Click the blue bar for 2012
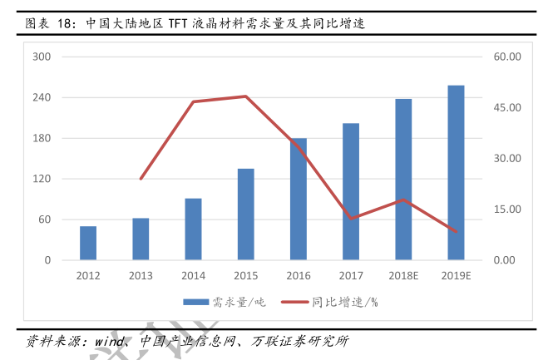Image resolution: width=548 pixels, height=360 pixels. pyautogui.click(x=88, y=244)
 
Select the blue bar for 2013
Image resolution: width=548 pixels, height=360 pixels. pyautogui.click(x=141, y=239)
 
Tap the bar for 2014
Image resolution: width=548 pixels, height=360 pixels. pyautogui.click(x=193, y=229)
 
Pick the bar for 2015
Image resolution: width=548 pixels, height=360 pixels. pyautogui.click(x=245, y=215)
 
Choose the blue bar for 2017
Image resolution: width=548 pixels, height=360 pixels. pyautogui.click(x=351, y=192)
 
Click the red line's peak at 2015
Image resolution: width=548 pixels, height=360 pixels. pyautogui.click(x=245, y=96)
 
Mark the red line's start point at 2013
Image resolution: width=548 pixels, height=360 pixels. pyautogui.click(x=141, y=179)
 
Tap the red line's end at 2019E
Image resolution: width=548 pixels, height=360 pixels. pyautogui.click(x=456, y=232)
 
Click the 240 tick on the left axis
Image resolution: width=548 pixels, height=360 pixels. pyautogui.click(x=42, y=97)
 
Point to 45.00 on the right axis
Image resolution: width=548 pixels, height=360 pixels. pyautogui.click(x=506, y=107)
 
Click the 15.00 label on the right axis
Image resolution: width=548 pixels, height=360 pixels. pyautogui.click(x=506, y=210)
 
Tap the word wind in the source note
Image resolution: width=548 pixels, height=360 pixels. pyautogui.click(x=109, y=341)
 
